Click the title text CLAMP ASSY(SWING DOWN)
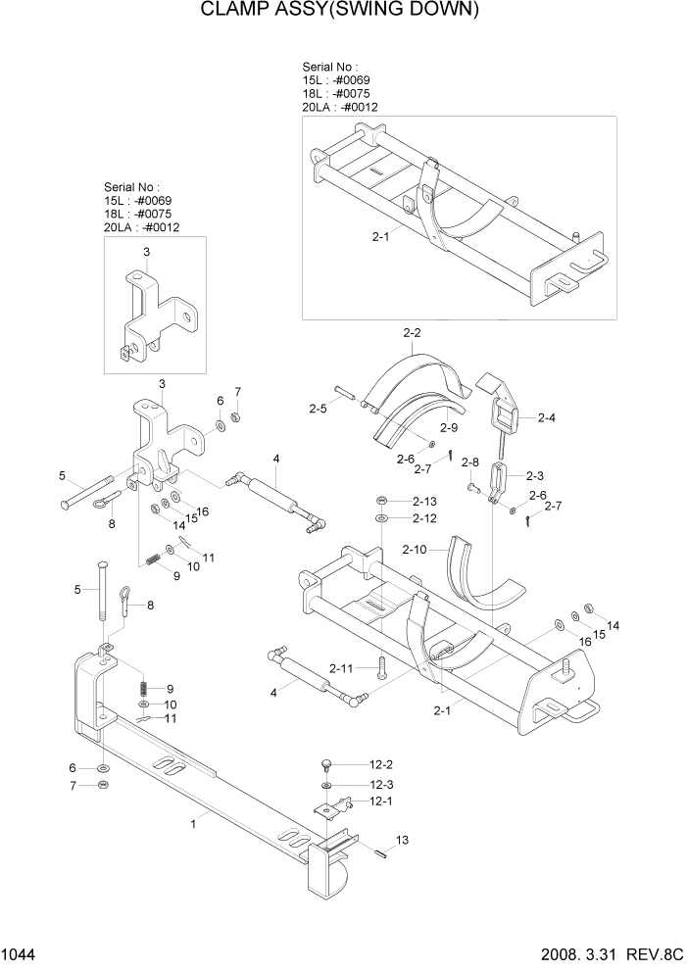click(340, 11)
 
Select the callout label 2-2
click(412, 333)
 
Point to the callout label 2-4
click(546, 417)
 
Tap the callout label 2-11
click(341, 667)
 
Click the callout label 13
click(401, 841)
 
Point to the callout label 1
click(194, 825)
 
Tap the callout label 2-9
click(449, 428)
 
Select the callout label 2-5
click(318, 408)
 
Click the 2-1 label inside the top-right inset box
click(381, 236)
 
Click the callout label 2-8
click(469, 462)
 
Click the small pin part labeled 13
click(380, 850)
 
